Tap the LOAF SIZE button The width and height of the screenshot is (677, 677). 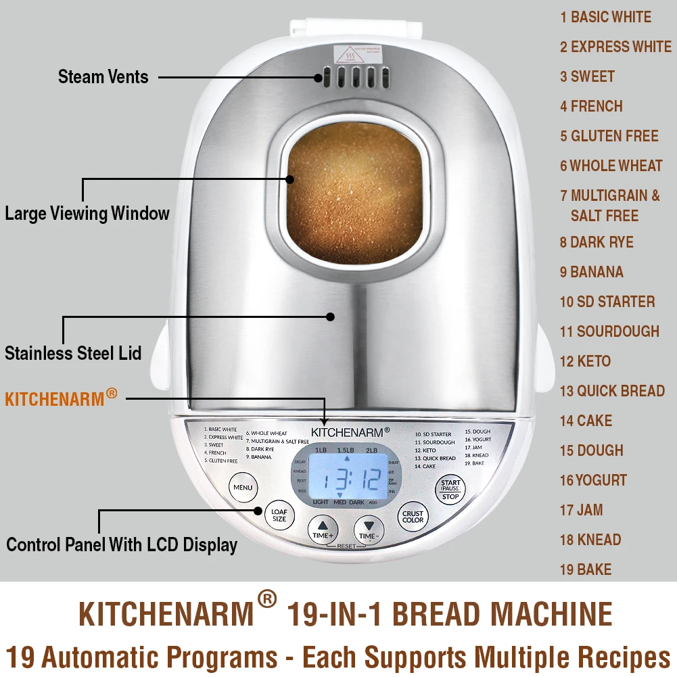[x=279, y=515]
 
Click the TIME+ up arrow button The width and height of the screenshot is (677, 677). [x=323, y=529]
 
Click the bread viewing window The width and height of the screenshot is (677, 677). [x=354, y=186]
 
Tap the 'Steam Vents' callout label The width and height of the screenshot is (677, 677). [x=103, y=76]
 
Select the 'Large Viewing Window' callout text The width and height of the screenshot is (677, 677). [x=87, y=214]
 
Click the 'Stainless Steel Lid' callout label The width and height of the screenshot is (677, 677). [x=73, y=353]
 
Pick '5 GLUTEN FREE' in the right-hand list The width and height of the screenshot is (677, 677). [x=609, y=136]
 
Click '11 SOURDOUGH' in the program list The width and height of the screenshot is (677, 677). [x=609, y=331]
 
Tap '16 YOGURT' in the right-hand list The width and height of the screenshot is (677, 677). [x=593, y=480]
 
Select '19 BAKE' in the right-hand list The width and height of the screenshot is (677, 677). [x=585, y=569]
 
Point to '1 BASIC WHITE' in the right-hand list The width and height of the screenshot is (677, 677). [x=605, y=17]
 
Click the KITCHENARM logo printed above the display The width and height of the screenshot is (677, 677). [x=350, y=431]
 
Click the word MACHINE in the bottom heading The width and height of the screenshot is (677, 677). [x=551, y=614]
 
